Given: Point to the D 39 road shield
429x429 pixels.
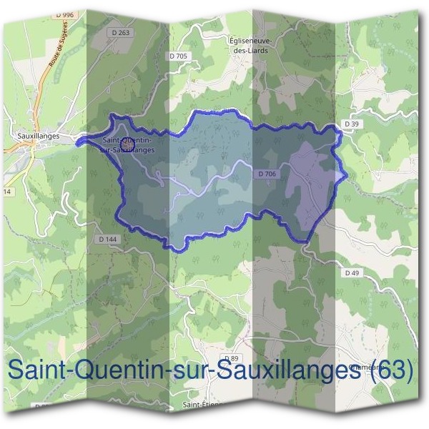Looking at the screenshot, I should [351, 124].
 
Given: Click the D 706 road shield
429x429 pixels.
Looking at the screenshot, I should [265, 174].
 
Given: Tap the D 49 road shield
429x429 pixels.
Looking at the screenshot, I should [351, 273].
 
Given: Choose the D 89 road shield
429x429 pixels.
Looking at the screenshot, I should [230, 358].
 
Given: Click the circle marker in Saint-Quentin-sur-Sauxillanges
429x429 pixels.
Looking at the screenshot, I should [127, 143].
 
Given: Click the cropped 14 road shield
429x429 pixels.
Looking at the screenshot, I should [7, 192].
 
